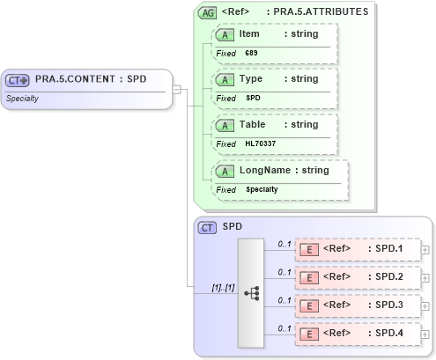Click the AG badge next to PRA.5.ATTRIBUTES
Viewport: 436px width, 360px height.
point(207,12)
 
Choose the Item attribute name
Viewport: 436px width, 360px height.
point(248,33)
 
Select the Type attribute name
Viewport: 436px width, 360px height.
point(251,78)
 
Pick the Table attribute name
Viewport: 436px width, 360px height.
point(252,124)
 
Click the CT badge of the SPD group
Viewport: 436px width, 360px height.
point(207,227)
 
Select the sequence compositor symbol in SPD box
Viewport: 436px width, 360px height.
point(251,292)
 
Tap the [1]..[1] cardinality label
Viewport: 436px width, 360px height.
point(223,287)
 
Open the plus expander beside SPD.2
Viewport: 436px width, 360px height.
point(425,278)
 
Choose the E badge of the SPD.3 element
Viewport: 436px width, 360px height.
point(309,306)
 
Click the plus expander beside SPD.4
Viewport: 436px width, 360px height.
point(425,335)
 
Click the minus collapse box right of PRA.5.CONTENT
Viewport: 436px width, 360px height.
point(177,88)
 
